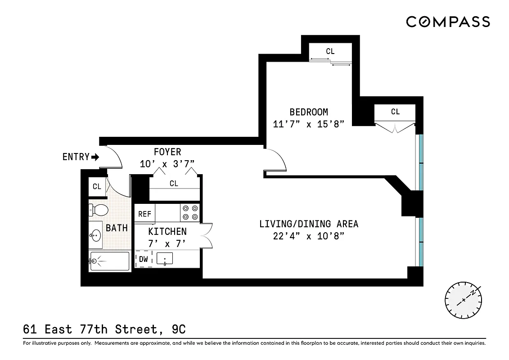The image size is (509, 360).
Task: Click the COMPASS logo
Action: coord(448,22)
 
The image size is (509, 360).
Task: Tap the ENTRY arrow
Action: coord(95,157)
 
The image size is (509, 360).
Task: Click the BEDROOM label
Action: coord(308,112)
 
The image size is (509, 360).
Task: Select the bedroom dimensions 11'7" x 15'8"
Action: coord(308,124)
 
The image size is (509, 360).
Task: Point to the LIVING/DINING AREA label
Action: coord(308,224)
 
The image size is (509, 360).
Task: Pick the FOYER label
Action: coord(167,152)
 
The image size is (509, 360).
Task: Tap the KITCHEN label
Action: coord(167,231)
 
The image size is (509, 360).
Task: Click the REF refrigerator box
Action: coord(144,214)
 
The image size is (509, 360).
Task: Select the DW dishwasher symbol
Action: coord(144,259)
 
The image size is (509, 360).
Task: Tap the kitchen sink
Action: coord(165,259)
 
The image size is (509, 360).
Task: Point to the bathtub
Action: coord(109,261)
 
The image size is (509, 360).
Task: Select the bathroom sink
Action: coord(95,234)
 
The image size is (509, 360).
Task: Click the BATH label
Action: coord(117,228)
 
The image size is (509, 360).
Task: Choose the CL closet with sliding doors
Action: coord(330,52)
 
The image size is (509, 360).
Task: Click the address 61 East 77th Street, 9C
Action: coord(104,330)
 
